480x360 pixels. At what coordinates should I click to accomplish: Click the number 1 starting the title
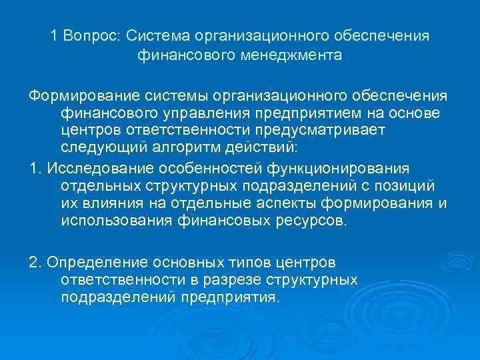[54, 35]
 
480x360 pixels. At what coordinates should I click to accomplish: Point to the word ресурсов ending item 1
[313, 221]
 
